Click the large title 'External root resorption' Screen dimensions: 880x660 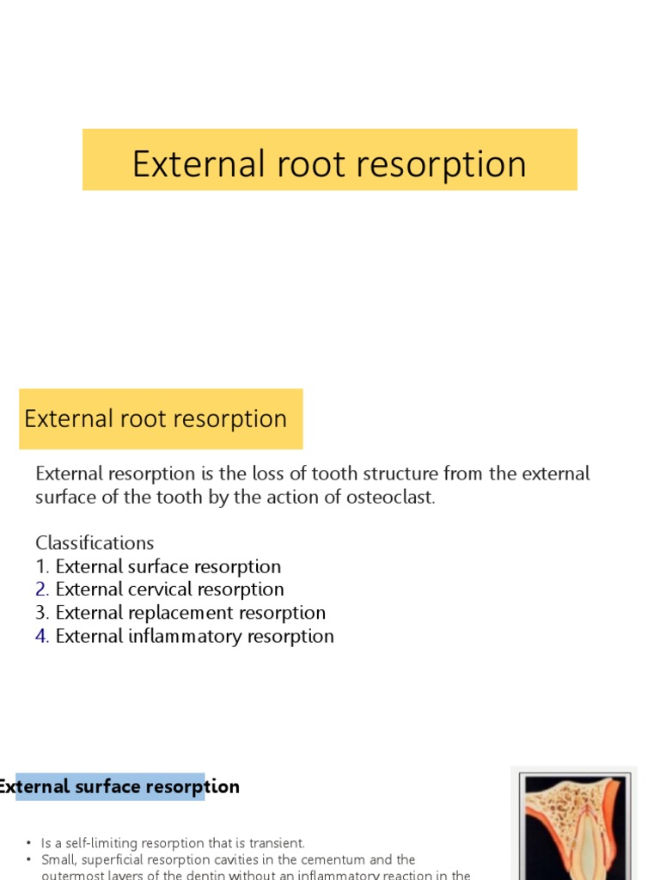coord(329,163)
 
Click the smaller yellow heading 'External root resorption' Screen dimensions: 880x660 coord(156,419)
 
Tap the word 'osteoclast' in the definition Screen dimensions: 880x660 coord(393,498)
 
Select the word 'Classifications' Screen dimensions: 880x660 coord(95,543)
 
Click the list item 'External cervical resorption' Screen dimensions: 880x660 coord(169,590)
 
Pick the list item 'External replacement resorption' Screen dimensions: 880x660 coord(190,613)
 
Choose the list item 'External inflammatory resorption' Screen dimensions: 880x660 coord(194,636)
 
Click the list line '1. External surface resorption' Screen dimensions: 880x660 coord(158,566)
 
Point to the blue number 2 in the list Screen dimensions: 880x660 coord(41,590)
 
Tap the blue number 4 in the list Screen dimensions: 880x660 coord(41,636)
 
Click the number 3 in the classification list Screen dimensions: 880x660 coord(41,613)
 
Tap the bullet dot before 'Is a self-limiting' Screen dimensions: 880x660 coord(28,844)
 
